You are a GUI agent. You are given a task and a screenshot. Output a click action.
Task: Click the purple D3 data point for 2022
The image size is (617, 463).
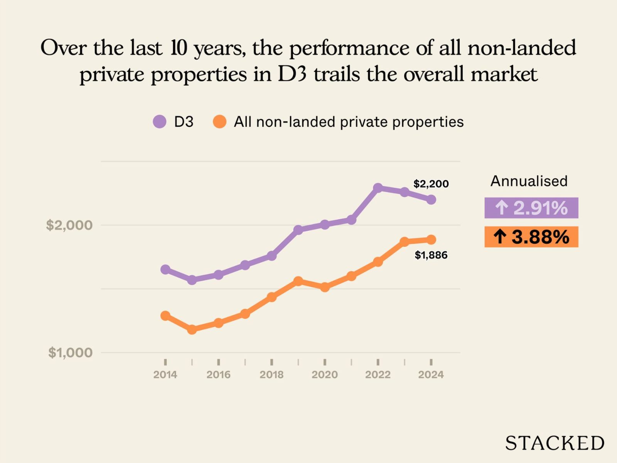click(x=378, y=188)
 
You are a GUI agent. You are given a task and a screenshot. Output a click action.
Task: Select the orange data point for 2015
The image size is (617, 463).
click(x=192, y=330)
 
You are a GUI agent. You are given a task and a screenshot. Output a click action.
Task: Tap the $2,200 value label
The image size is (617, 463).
click(x=431, y=184)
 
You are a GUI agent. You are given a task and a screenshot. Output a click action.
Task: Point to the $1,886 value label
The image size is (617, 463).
click(x=431, y=255)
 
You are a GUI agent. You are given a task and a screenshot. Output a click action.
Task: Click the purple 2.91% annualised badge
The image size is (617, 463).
click(x=531, y=208)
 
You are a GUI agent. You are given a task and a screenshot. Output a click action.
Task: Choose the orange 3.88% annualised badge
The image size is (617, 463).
click(x=531, y=237)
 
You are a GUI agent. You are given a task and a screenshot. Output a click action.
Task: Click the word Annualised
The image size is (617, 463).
click(x=529, y=181)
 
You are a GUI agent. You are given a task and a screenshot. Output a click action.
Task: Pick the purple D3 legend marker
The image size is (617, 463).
click(x=160, y=122)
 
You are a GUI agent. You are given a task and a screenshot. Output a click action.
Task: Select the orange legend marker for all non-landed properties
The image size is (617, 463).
click(x=219, y=122)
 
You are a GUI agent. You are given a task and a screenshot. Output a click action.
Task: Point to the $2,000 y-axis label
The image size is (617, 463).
click(x=69, y=225)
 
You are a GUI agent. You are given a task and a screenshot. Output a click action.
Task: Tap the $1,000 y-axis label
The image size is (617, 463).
click(x=70, y=352)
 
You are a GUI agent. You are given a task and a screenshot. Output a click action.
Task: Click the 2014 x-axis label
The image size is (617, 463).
click(x=165, y=374)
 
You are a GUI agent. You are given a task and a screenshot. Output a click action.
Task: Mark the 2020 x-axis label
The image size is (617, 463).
click(x=325, y=374)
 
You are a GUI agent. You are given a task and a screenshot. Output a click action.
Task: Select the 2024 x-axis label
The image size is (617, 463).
click(x=431, y=374)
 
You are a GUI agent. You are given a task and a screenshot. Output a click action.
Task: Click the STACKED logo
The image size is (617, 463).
click(x=555, y=443)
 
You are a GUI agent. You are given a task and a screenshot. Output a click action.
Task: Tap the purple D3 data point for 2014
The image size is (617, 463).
click(x=165, y=269)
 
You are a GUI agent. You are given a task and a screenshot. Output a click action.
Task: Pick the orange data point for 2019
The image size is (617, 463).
click(x=298, y=281)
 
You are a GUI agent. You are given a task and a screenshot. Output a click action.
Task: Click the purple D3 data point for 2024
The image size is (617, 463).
click(x=431, y=199)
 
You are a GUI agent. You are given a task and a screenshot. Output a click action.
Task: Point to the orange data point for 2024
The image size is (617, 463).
click(x=431, y=240)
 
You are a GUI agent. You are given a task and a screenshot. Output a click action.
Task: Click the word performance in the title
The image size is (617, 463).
click(x=349, y=48)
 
